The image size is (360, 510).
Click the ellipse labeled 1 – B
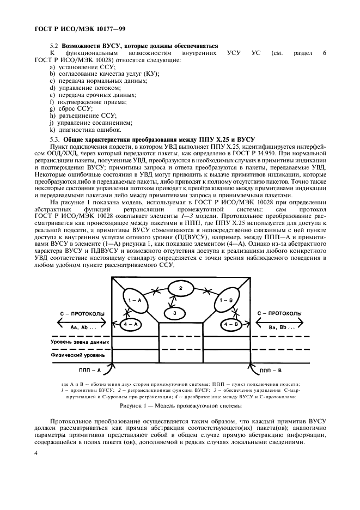(x=226, y=301)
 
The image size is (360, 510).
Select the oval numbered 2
(x=180, y=287)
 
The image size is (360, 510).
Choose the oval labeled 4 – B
(x=229, y=324)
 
